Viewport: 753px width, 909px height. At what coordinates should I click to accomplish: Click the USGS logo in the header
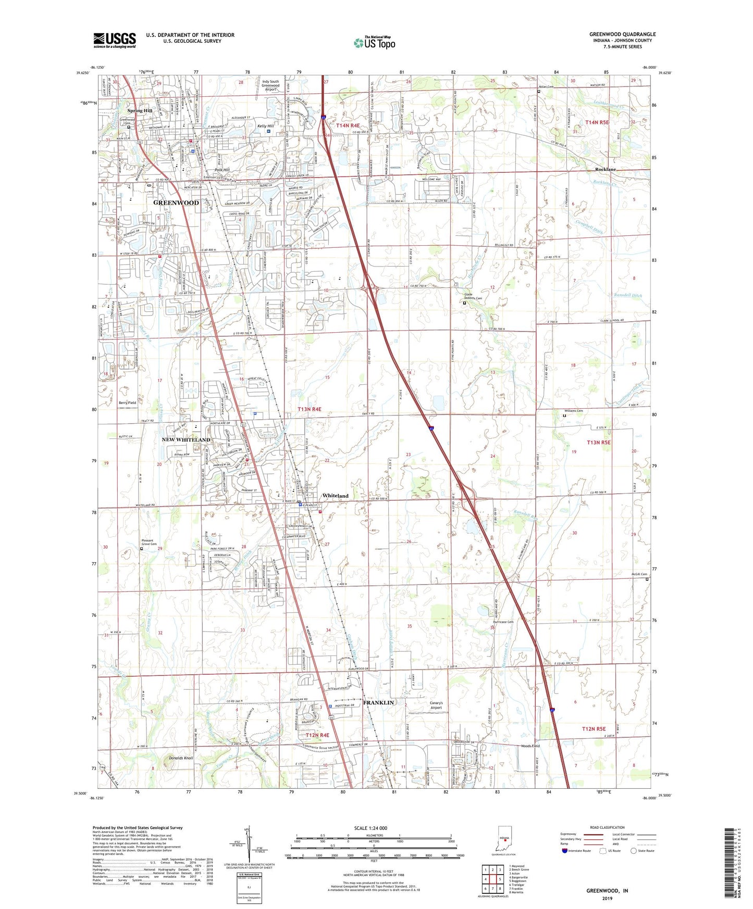click(x=114, y=40)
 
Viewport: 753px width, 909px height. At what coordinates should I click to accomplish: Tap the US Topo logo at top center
click(x=374, y=42)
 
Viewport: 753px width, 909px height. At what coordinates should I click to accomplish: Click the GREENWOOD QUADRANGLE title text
click(x=622, y=34)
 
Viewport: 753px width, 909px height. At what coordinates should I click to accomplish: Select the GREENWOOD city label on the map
click(x=176, y=203)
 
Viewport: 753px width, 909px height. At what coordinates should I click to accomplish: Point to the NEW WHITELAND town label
click(x=186, y=440)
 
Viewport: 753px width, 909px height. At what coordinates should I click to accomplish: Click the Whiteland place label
click(x=335, y=496)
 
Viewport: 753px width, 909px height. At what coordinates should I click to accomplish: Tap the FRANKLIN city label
click(x=379, y=702)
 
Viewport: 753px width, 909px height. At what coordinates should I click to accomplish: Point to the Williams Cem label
click(x=572, y=411)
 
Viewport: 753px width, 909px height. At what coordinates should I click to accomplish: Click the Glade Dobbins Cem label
click(x=473, y=296)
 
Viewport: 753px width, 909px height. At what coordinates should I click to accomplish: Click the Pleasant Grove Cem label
click(x=149, y=542)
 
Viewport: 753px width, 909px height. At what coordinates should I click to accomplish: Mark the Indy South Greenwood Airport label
click(x=270, y=85)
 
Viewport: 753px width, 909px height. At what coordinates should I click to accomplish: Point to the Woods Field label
click(x=530, y=746)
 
